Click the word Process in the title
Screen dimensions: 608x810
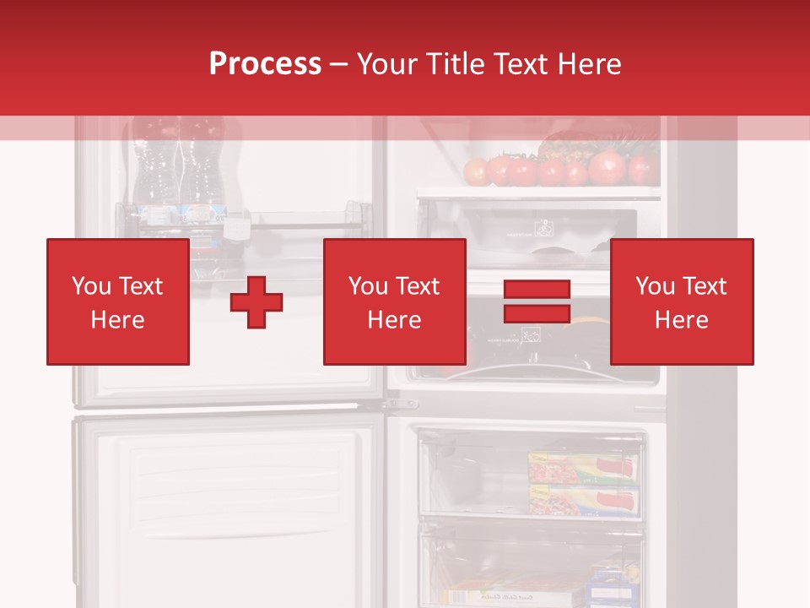pyautogui.click(x=265, y=64)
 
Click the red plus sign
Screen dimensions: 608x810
pyautogui.click(x=256, y=302)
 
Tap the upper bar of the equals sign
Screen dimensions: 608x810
pyautogui.click(x=537, y=290)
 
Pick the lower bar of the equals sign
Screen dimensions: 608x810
pyautogui.click(x=537, y=313)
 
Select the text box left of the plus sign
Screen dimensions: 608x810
pyautogui.click(x=118, y=301)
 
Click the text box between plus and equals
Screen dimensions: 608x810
pyautogui.click(x=394, y=301)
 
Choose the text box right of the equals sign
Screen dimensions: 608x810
pyautogui.click(x=682, y=301)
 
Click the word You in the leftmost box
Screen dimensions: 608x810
pyautogui.click(x=91, y=286)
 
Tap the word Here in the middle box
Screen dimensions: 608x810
pyautogui.click(x=394, y=320)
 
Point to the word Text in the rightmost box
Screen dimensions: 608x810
pyautogui.click(x=705, y=286)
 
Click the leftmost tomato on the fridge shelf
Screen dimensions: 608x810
pyautogui.click(x=477, y=171)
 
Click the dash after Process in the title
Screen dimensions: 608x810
pyautogui.click(x=338, y=65)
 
